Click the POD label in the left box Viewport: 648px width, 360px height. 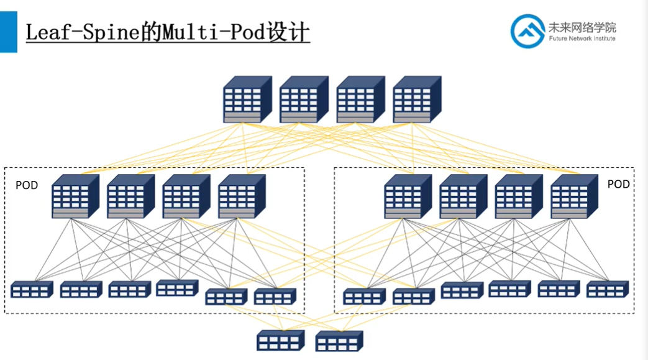pos(27,185)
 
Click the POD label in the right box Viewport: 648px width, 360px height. pos(618,184)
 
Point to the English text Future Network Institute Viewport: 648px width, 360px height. pos(582,39)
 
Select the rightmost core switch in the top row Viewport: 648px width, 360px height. pos(416,99)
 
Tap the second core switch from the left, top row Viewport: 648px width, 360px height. pos(303,99)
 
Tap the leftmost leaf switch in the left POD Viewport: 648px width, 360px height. pos(32,289)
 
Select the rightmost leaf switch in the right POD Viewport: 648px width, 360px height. pos(607,289)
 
